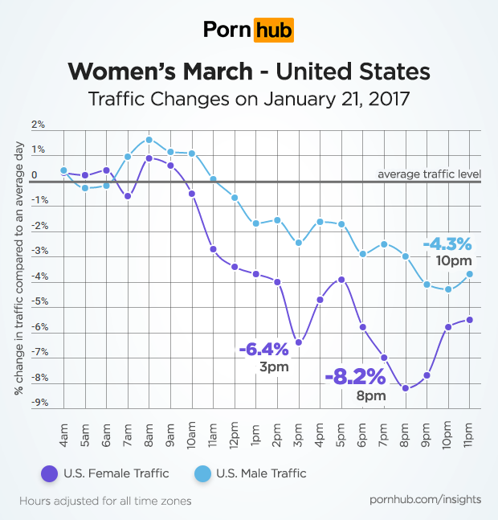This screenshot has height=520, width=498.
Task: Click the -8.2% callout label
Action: coord(355,376)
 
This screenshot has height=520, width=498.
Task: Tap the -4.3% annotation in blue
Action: coord(447,243)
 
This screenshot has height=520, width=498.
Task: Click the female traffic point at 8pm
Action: coord(406,388)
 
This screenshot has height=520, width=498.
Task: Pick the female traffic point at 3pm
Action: coord(299,342)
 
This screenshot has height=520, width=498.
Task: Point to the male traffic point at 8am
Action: coord(149,140)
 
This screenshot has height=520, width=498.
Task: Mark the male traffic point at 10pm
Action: coord(448,289)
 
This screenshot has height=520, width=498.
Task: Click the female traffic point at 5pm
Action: coord(341,280)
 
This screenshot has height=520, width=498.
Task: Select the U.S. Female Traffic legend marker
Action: coord(47,473)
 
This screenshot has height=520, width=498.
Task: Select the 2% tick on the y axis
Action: coord(38,125)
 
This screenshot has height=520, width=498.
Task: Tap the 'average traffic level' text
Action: coord(429,174)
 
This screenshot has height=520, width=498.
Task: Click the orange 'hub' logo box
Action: coord(273,31)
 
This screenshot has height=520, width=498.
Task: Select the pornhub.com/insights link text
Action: coord(426,499)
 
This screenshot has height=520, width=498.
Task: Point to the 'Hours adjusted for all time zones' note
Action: coord(105,500)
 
